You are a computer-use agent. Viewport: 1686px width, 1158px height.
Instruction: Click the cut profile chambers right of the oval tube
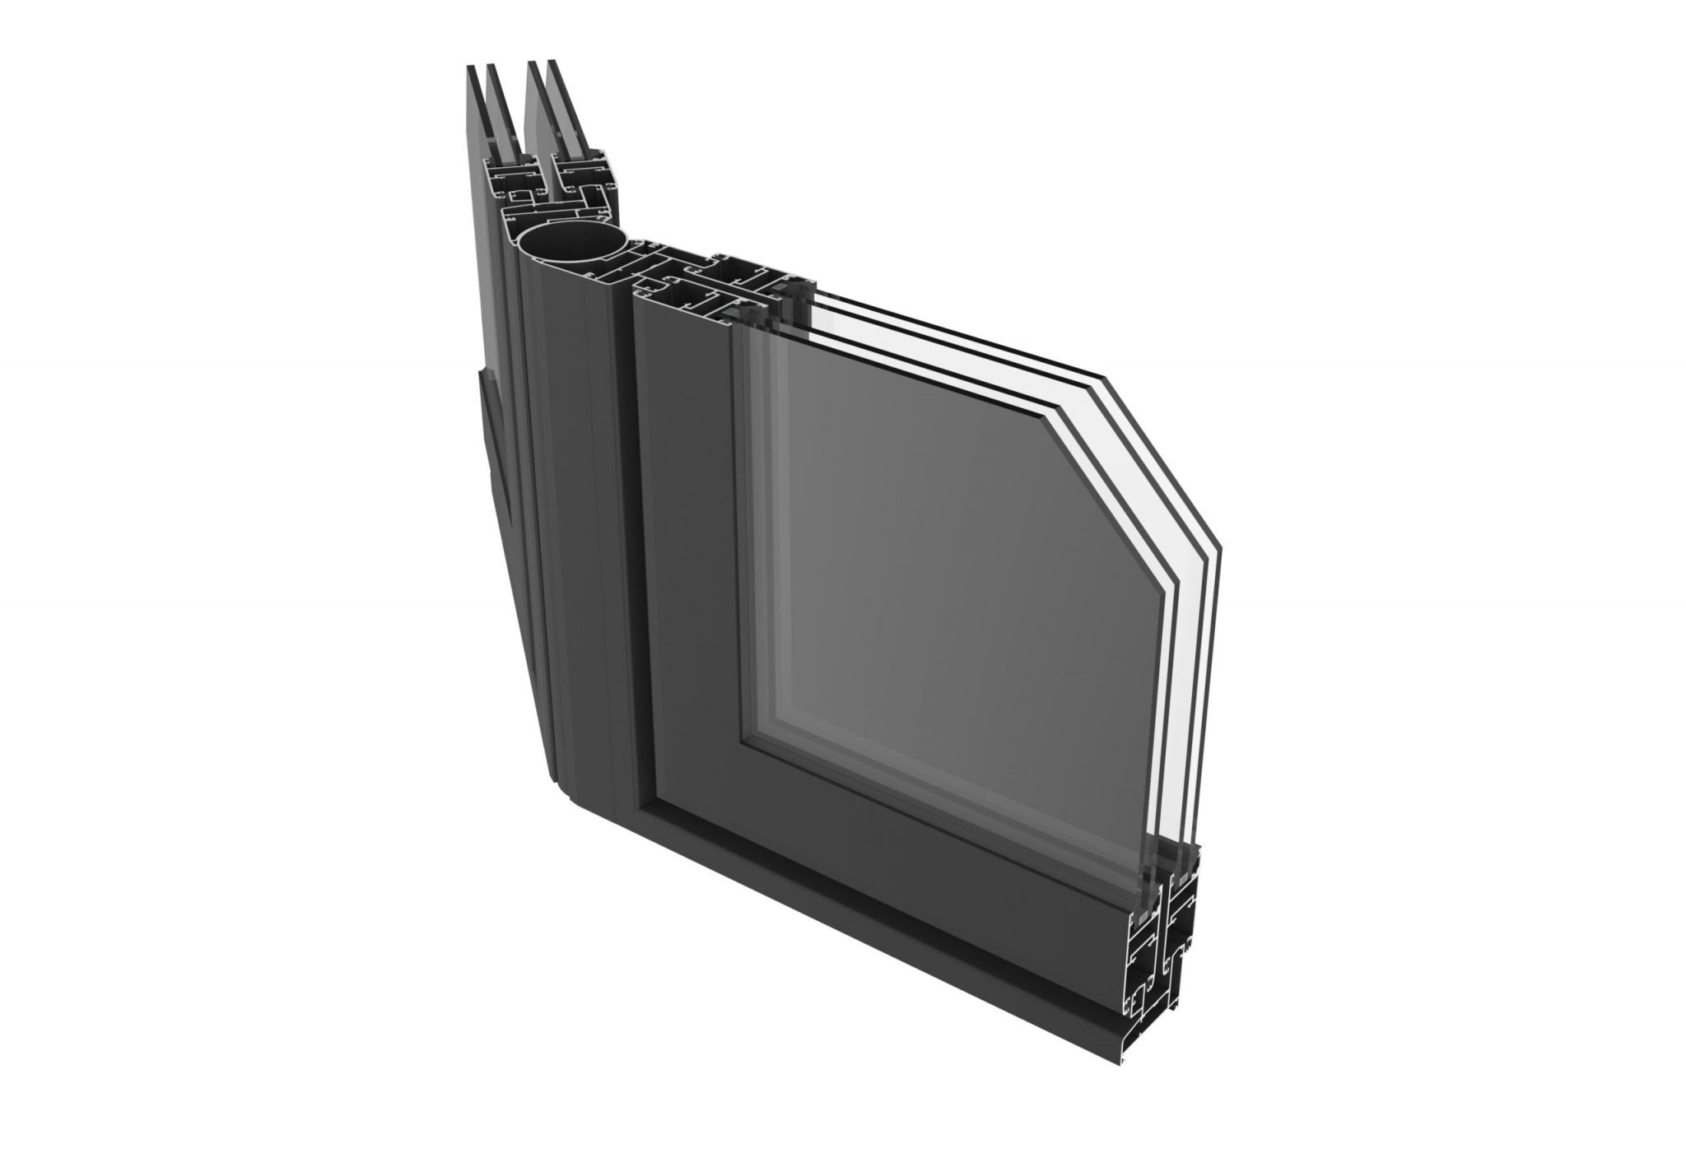[700, 276]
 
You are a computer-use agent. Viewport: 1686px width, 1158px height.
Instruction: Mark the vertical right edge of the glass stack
[1215, 700]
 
